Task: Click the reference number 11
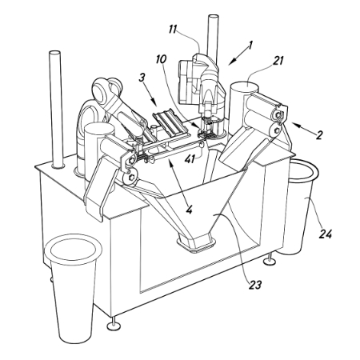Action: click(x=173, y=30)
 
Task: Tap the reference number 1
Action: click(x=250, y=46)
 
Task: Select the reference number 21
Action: click(x=277, y=61)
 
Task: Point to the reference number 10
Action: click(x=162, y=59)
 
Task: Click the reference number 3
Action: click(x=142, y=78)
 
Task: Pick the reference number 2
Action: click(x=319, y=135)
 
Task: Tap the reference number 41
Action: click(x=190, y=159)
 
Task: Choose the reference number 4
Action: click(x=189, y=210)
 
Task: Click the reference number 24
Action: click(x=326, y=234)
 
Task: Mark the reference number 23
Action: click(x=255, y=286)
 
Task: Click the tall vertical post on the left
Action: click(x=57, y=110)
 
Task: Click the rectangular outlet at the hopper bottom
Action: click(x=196, y=242)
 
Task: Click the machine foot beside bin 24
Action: click(x=270, y=260)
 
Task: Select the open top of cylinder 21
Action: click(x=244, y=87)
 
